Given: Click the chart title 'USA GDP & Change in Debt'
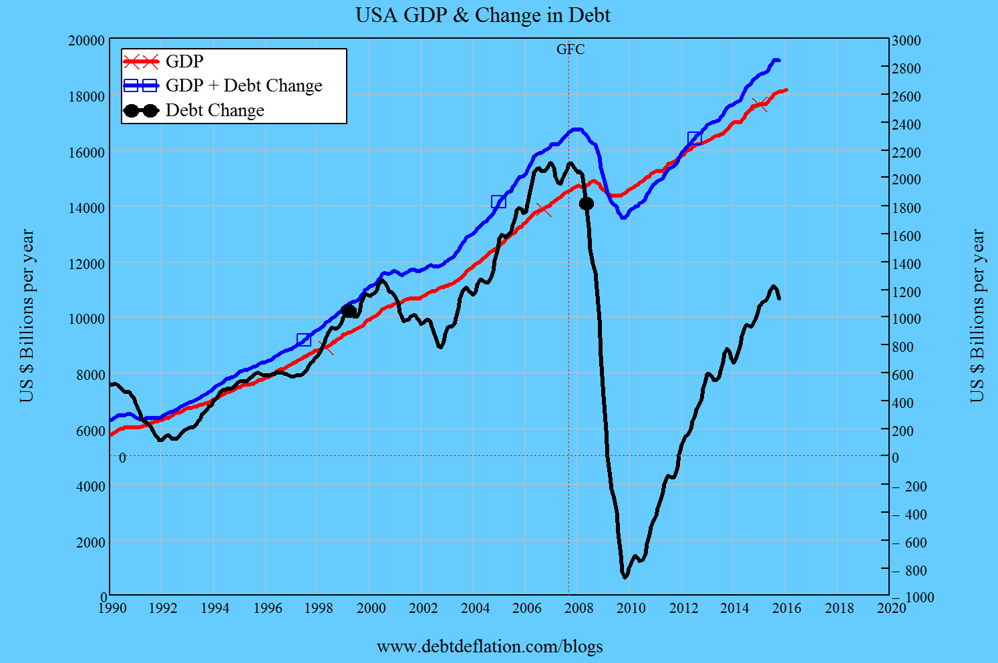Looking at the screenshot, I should click(x=482, y=15).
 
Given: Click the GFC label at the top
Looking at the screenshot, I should click(x=570, y=49).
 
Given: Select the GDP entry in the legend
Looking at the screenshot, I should click(x=184, y=61).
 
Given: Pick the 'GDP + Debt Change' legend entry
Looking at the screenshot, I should click(x=243, y=85).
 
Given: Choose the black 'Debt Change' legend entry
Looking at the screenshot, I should click(x=214, y=110).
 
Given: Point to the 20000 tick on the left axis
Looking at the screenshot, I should click(x=87, y=41).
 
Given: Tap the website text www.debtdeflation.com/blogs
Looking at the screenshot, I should click(x=490, y=646).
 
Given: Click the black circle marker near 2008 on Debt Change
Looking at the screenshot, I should click(x=587, y=204).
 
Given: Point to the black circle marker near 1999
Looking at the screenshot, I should click(x=348, y=311).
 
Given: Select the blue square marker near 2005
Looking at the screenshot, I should click(x=498, y=202).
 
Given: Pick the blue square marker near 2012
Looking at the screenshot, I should click(x=695, y=139).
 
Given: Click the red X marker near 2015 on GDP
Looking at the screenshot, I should click(x=760, y=104).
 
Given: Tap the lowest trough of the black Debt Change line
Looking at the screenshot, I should click(x=625, y=577).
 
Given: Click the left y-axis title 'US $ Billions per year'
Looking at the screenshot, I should click(x=27, y=316).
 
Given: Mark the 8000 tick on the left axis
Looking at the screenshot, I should click(x=91, y=375).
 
